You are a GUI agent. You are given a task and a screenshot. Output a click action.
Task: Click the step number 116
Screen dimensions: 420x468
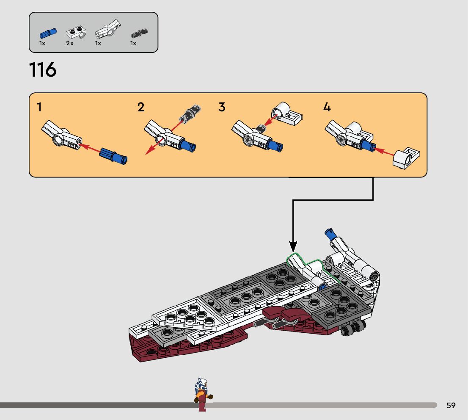43,70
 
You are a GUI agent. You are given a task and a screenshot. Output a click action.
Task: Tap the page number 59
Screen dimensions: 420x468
451,406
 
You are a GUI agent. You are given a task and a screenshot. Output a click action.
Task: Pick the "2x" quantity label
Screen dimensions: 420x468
70,43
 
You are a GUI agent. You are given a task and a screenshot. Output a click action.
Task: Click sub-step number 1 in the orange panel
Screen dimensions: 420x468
39,108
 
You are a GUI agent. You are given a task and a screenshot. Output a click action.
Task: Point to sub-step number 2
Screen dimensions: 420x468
141,108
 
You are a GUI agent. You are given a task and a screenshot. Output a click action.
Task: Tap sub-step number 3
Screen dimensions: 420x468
222,108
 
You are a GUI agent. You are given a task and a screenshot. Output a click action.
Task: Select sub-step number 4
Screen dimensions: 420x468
327,108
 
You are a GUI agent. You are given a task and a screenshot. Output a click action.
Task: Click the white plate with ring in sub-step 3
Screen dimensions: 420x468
287,114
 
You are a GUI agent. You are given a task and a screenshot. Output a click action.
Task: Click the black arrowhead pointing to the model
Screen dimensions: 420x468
293,246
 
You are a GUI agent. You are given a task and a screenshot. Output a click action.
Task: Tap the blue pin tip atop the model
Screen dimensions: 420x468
328,232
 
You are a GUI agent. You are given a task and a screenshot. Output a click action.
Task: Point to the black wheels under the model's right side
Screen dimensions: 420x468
352,328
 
